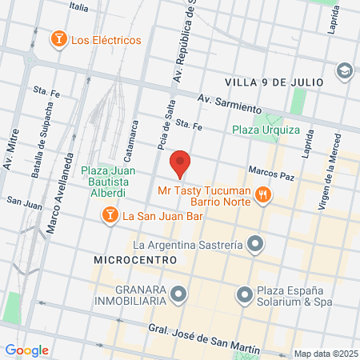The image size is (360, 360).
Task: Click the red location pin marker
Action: (180, 164)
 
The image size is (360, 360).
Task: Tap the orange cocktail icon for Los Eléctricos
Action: (58, 40)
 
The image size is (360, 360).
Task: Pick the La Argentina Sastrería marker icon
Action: (255, 242)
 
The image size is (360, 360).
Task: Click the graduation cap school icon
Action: (345, 70)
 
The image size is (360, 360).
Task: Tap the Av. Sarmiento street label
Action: (230, 104)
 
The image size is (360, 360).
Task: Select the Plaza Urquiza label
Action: (266, 130)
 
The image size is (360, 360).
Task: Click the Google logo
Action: (26, 350)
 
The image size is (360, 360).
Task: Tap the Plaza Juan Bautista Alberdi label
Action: (107, 182)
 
